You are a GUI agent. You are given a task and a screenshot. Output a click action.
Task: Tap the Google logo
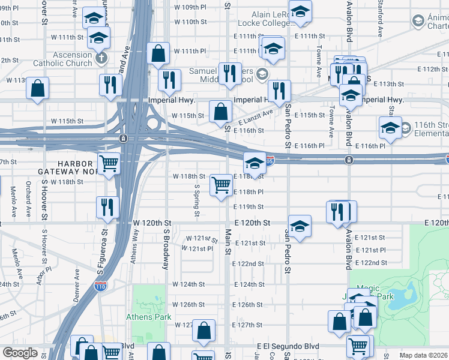[20, 352]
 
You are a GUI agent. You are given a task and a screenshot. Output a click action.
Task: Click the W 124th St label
[189, 284]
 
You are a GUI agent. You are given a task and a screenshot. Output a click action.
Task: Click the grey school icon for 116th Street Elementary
[406, 128]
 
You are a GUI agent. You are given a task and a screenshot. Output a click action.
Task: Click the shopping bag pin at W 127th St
[204, 330]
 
